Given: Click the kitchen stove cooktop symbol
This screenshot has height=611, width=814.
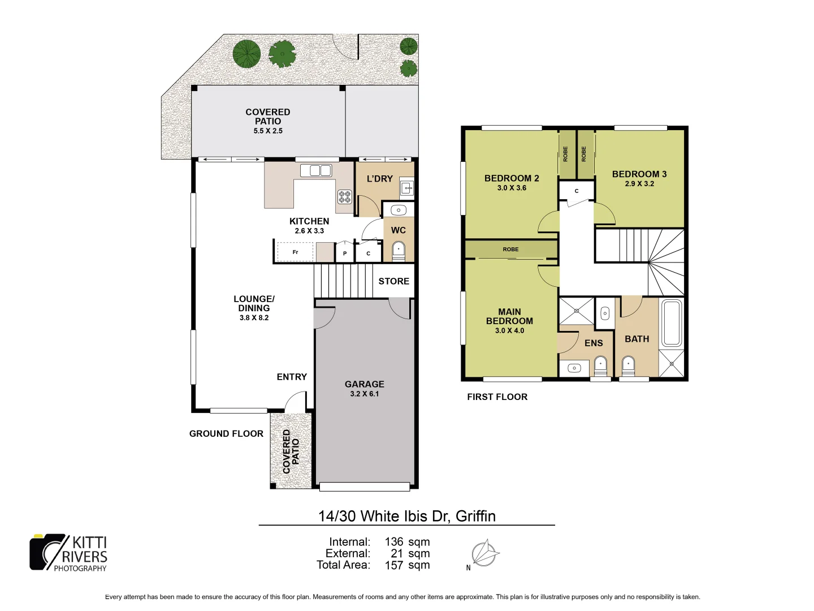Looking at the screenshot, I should [x=344, y=197].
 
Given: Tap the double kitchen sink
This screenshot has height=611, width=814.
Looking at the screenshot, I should [x=315, y=170].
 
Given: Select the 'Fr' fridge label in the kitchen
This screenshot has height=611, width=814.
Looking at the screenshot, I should [x=295, y=252].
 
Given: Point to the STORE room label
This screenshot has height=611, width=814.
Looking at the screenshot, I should [x=393, y=281].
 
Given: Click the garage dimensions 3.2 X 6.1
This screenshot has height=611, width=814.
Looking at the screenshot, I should [x=365, y=394].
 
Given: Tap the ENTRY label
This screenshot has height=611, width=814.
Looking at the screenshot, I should [x=292, y=377].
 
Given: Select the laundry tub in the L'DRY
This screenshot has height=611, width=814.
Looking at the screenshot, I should [x=407, y=187].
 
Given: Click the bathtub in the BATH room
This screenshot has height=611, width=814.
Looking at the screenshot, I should [x=672, y=322].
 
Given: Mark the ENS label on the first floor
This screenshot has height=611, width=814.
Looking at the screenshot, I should [x=594, y=343].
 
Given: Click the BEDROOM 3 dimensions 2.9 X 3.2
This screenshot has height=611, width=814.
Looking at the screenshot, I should [x=639, y=184].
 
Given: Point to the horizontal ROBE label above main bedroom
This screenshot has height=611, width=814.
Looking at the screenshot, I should [x=510, y=249].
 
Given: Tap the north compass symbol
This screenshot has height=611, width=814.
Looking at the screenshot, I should [x=484, y=553].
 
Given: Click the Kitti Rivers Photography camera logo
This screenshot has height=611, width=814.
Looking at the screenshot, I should [x=48, y=552].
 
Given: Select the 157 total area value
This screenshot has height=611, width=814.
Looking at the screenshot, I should [x=394, y=565].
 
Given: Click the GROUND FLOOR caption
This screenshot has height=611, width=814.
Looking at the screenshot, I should [x=226, y=434].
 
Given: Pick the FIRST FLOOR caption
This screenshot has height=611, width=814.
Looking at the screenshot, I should [x=497, y=397].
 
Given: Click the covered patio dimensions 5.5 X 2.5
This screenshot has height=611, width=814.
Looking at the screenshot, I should [x=268, y=131].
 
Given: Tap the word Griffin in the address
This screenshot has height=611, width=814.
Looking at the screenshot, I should [x=475, y=516].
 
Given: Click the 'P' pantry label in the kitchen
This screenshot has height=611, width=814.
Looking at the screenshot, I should [x=345, y=253].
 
